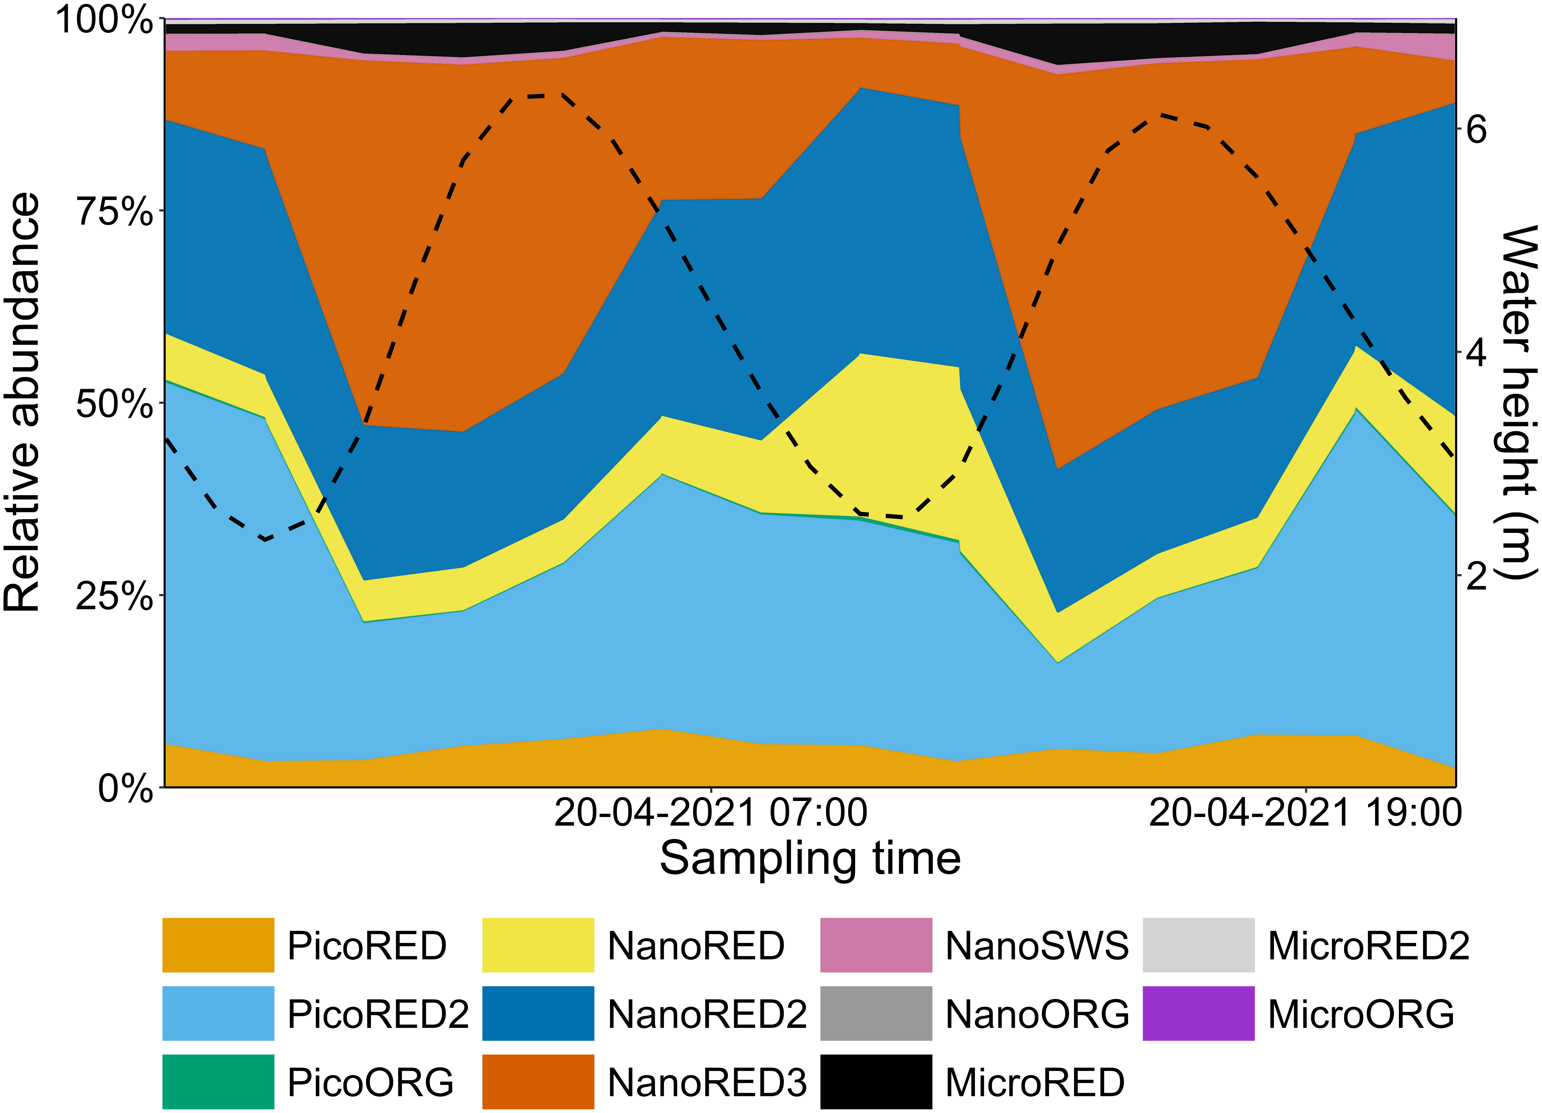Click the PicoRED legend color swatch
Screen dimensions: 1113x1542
point(218,945)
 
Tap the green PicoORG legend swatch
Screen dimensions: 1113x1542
point(218,1082)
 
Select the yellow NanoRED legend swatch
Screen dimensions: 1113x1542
point(538,945)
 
